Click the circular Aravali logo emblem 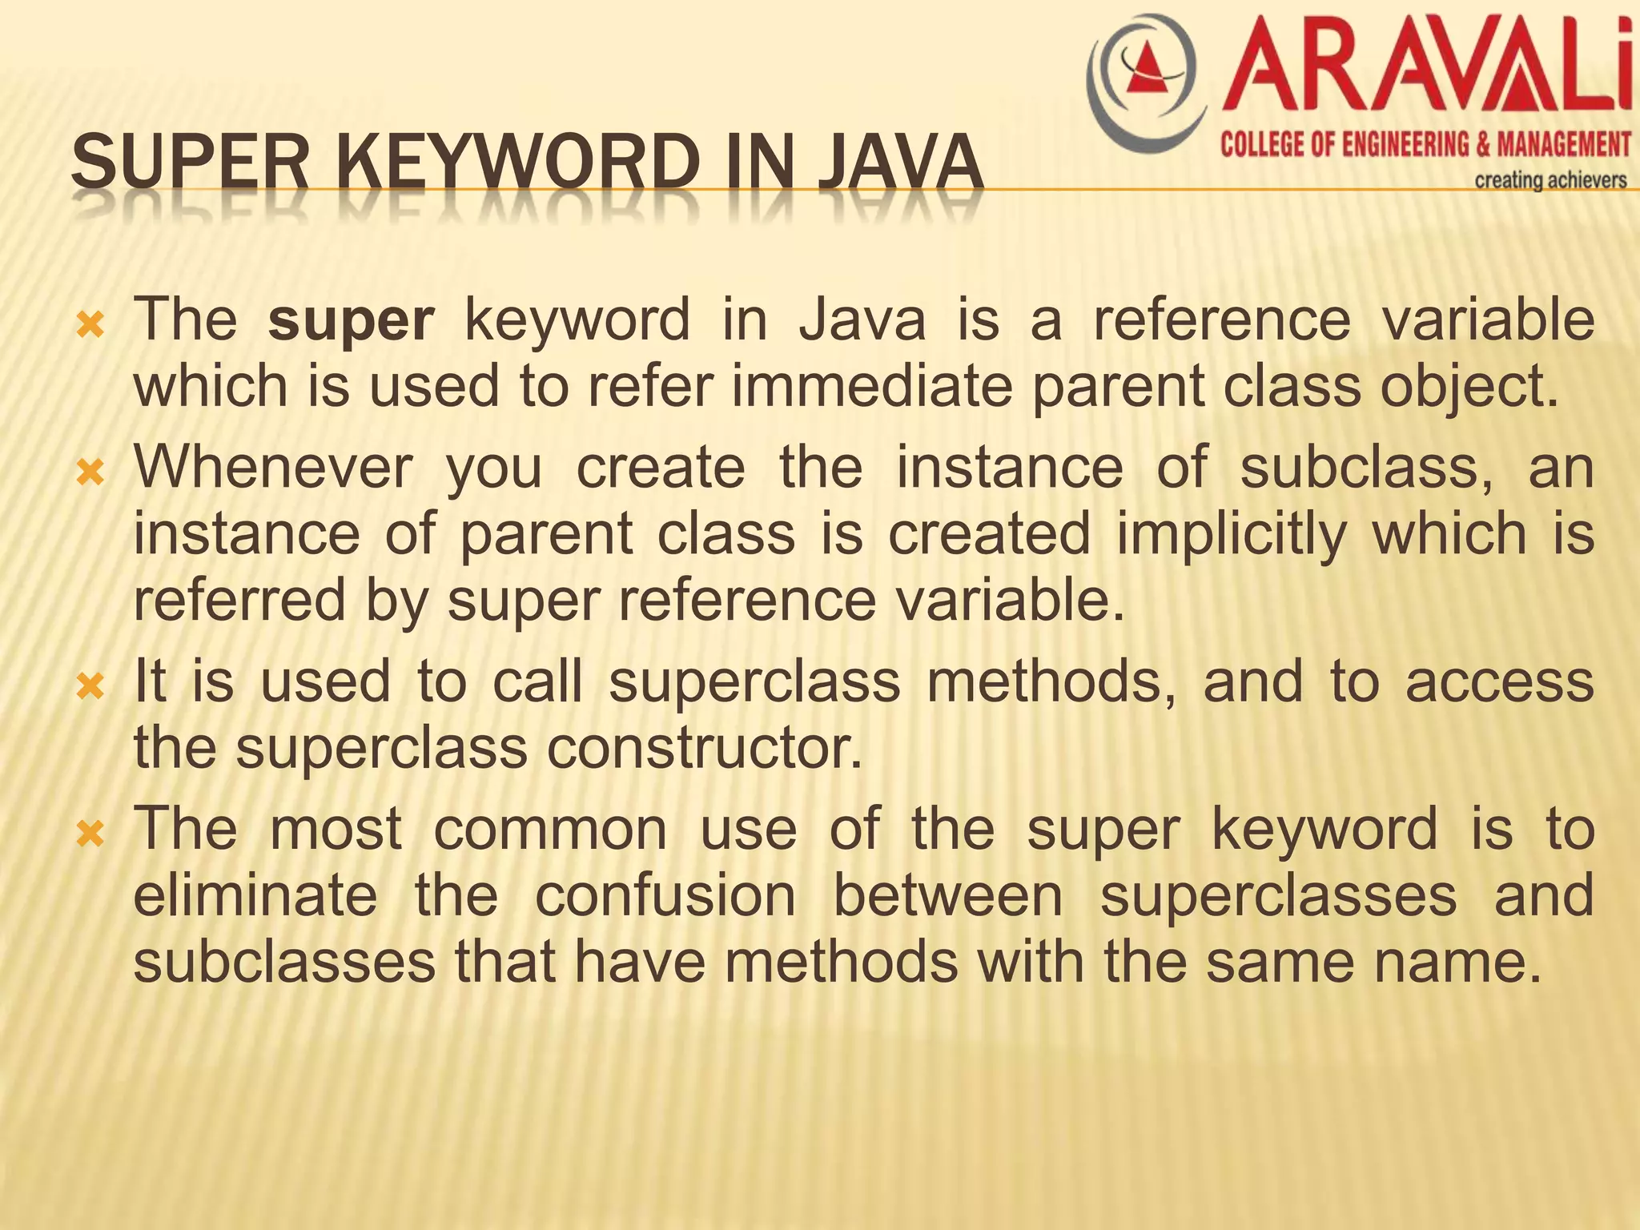[x=1147, y=82]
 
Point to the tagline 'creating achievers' [x=1550, y=180]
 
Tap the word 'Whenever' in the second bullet [x=273, y=468]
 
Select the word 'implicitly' [x=1232, y=536]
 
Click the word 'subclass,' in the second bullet [x=1366, y=468]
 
